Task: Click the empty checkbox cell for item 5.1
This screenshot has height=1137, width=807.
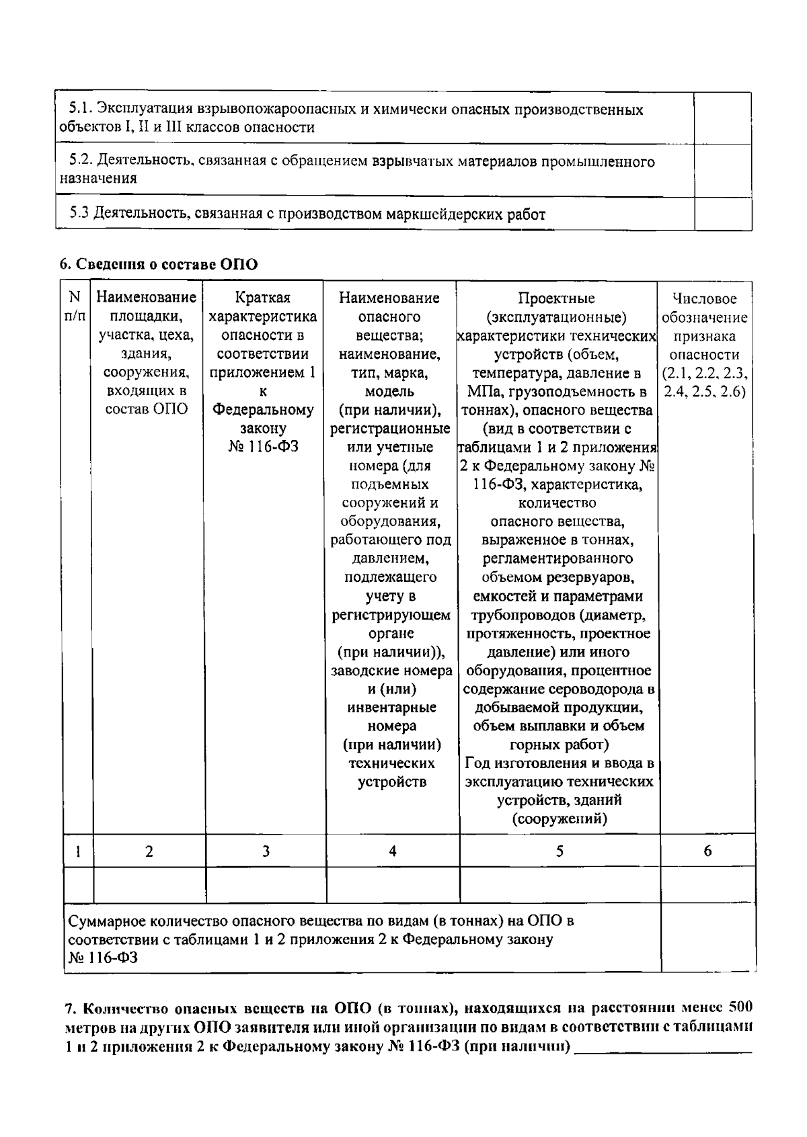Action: pos(722,118)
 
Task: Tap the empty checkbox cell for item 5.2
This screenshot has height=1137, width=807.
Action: pos(722,171)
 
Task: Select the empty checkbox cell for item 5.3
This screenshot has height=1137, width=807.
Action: pos(722,214)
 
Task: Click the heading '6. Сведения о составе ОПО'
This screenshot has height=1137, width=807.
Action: pos(158,264)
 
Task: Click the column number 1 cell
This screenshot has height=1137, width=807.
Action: pos(78,851)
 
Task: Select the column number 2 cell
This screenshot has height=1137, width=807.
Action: pos(149,851)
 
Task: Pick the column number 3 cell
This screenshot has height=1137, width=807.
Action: pos(266,851)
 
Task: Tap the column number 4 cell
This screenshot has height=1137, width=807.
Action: pos(392,851)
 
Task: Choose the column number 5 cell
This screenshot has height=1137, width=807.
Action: pos(559,851)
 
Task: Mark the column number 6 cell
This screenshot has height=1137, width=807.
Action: pos(707,851)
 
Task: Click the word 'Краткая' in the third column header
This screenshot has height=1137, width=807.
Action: pos(263,298)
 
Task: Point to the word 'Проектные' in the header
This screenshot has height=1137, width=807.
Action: pos(556,298)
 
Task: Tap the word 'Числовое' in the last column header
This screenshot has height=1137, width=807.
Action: pos(705,299)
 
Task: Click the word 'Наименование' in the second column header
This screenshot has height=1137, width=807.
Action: pos(147,298)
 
